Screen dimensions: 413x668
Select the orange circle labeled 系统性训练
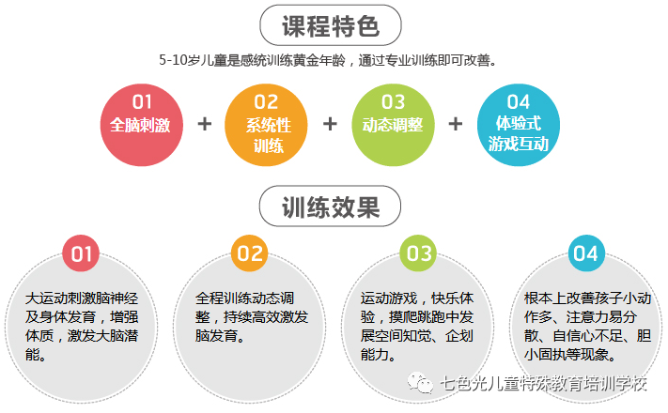[267, 123]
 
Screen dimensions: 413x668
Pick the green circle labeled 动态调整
[393, 123]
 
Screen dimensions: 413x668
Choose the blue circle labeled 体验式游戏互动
[519, 123]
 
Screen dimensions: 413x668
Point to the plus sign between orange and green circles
[330, 124]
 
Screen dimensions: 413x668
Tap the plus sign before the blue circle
[456, 124]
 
